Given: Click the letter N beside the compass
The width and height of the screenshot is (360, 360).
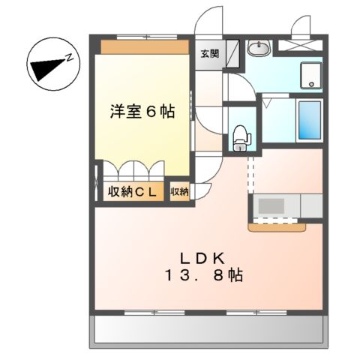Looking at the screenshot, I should click(x=68, y=56).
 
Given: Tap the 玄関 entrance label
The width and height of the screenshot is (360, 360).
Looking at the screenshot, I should click(x=208, y=53).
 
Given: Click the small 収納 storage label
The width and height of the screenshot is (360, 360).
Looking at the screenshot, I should click(x=179, y=192).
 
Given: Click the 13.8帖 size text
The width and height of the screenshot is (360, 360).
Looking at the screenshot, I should click(x=203, y=275).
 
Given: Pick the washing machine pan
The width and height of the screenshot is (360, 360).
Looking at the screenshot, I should click(x=310, y=75).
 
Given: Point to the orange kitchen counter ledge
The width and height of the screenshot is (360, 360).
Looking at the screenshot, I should click(x=277, y=224).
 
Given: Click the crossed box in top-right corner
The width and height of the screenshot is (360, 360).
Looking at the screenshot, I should click(x=301, y=45).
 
